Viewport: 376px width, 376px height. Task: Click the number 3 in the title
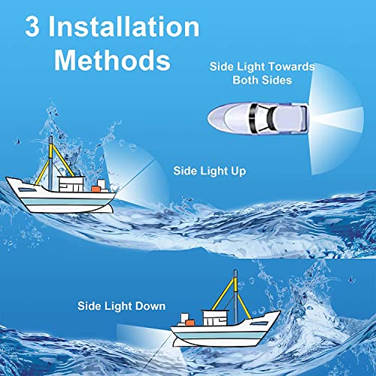coord(35,28)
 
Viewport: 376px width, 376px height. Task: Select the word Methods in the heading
coord(111,59)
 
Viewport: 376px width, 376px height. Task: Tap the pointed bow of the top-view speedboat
coord(212,117)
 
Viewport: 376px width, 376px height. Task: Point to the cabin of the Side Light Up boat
coord(72,182)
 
